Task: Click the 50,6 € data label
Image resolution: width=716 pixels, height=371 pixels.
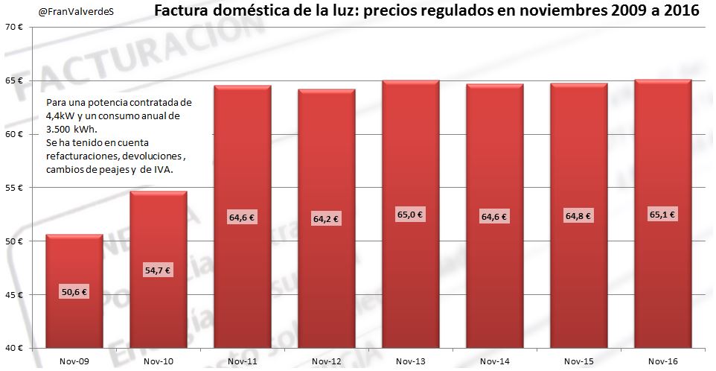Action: coord(74,292)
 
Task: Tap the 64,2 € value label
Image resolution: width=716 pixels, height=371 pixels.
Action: coord(326,218)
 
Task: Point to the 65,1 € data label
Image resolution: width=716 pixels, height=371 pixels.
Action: coord(662,214)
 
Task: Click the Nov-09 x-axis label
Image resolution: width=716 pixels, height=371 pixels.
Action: coord(74,361)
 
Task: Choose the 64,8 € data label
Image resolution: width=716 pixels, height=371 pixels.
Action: coord(578,216)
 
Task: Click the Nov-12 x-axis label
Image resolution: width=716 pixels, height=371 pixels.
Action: coord(326,361)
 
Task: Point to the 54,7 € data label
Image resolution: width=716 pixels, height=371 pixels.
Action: coord(159,270)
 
